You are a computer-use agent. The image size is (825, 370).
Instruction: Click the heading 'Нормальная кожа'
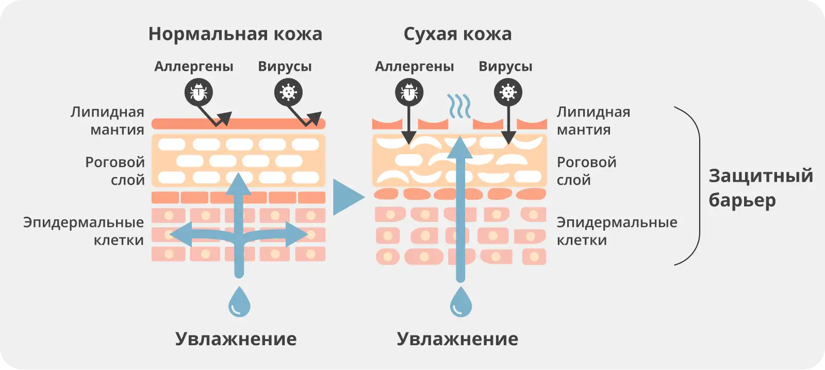point(235,34)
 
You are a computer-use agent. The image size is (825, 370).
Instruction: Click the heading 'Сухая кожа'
point(457,34)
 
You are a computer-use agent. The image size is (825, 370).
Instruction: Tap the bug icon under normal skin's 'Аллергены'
point(199,93)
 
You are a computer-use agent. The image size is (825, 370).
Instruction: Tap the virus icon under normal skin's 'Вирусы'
point(288,93)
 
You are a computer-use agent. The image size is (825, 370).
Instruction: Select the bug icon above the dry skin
point(409,93)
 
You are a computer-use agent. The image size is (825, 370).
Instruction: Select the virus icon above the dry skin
point(508,93)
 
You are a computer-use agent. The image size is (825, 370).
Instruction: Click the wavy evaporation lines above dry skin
point(458,106)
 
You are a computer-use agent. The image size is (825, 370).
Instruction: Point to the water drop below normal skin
point(239,302)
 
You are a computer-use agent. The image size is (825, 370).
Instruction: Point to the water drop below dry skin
point(461,302)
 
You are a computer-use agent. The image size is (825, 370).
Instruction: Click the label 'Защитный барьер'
point(760,187)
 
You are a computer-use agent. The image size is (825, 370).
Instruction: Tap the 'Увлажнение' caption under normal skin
point(236,339)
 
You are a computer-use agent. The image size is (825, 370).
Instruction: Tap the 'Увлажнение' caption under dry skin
point(457,339)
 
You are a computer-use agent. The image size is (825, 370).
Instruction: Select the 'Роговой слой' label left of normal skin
point(115,171)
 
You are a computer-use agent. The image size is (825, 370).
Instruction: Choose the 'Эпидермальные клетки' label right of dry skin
point(617,231)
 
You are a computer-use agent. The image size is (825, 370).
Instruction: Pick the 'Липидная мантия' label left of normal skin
point(107,121)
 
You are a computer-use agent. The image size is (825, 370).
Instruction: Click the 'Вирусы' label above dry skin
point(505,67)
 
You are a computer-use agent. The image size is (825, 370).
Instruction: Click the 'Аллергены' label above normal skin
point(194,67)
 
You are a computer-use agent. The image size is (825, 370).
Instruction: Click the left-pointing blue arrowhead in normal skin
point(178,235)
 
